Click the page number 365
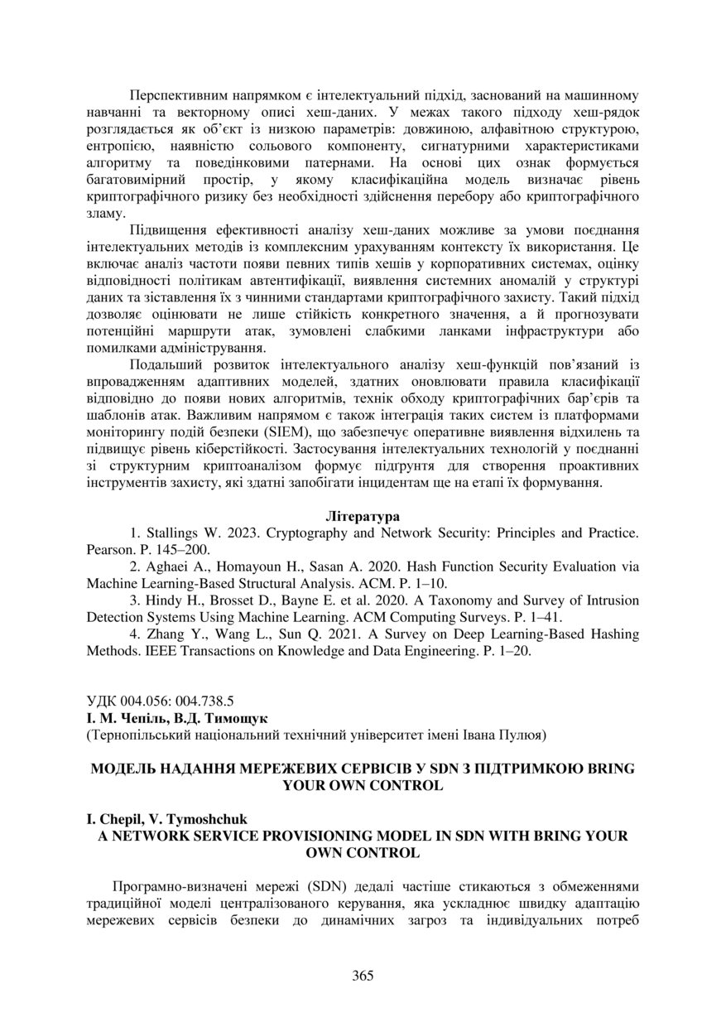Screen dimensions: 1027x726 [363, 975]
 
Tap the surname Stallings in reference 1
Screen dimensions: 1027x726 [173, 532]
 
